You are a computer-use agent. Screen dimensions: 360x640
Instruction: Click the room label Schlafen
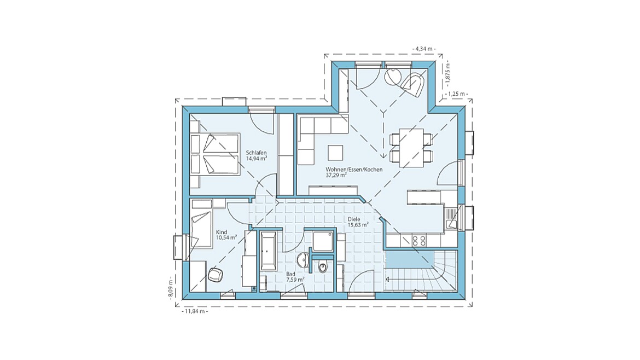pos(257,153)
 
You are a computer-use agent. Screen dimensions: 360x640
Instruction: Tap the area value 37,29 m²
pos(337,176)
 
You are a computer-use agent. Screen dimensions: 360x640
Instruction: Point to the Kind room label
pos(222,232)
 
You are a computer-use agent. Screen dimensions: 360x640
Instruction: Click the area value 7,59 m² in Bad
pos(295,280)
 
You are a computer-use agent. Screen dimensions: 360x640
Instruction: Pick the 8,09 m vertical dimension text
pos(171,288)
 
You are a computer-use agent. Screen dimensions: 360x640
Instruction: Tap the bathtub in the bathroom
pos(269,251)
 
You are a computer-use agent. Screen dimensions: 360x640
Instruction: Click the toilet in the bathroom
pos(322,267)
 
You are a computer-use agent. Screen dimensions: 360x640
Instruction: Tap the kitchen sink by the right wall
pos(451,219)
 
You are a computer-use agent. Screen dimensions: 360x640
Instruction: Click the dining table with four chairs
pos(411,147)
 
